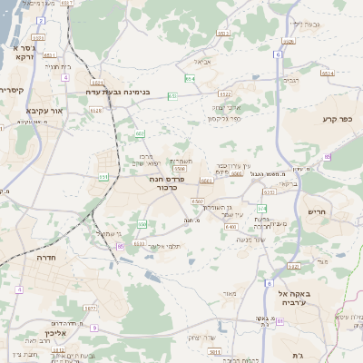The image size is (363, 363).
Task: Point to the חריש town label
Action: click(x=348, y=211)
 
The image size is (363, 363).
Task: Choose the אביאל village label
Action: click(x=201, y=62)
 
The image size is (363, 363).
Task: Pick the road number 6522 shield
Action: click(x=224, y=93)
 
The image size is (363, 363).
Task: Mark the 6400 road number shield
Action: click(x=231, y=227)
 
